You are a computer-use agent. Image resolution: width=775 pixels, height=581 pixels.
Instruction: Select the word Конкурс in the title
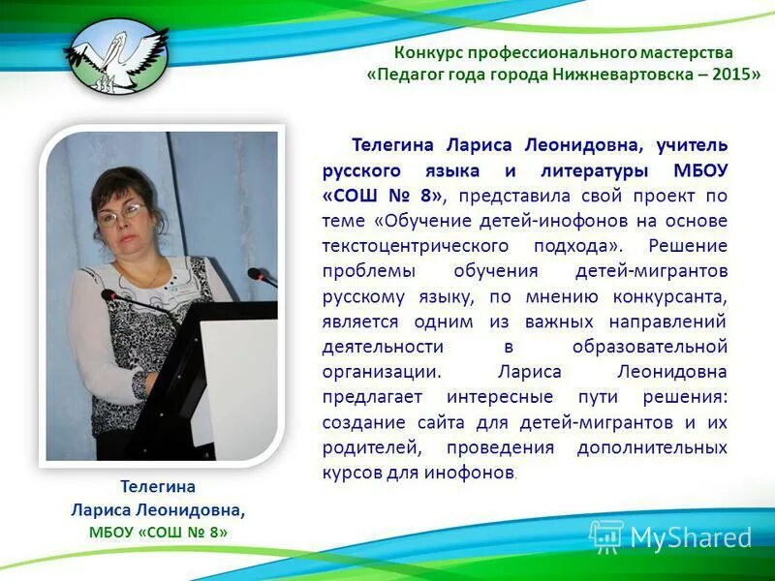428,52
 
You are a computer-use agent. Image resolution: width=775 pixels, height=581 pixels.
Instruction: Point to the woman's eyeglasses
121,213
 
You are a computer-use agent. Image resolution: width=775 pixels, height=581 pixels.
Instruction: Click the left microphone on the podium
108,293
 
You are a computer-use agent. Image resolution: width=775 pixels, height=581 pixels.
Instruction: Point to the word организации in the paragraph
382,372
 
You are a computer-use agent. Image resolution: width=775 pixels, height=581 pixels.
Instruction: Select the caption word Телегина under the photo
158,486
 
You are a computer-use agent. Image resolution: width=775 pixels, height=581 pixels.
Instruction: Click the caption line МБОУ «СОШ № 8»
158,532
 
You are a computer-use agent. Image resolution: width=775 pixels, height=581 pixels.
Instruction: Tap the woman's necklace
150,275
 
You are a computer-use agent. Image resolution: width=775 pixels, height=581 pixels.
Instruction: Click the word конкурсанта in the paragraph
670,296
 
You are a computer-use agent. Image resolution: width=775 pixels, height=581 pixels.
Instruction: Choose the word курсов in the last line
350,473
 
